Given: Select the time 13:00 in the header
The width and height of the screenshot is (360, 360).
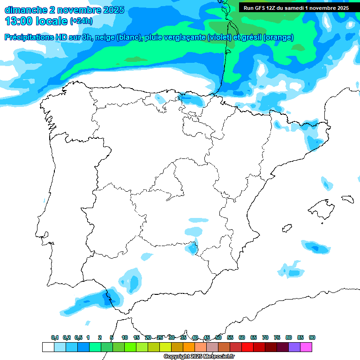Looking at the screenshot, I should [x=19, y=22].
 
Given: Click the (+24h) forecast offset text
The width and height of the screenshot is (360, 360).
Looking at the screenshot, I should [x=81, y=22].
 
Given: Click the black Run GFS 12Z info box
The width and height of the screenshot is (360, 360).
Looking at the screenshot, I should [x=296, y=8].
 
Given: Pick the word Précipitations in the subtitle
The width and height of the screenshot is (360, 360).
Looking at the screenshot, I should [x=27, y=37].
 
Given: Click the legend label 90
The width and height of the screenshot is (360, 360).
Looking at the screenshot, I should [x=312, y=337].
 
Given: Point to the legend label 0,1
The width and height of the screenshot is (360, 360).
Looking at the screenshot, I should [x=54, y=337].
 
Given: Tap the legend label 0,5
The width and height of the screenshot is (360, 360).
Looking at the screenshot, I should [x=78, y=337].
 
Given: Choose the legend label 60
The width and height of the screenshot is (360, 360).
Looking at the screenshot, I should [x=242, y=337].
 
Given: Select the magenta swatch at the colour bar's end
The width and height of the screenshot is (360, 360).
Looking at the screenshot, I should [x=306, y=347].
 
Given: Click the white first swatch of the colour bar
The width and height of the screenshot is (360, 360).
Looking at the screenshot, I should [x=48, y=347].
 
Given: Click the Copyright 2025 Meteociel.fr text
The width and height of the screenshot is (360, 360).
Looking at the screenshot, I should [x=199, y=357].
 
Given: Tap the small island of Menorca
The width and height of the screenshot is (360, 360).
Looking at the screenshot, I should [x=347, y=199].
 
